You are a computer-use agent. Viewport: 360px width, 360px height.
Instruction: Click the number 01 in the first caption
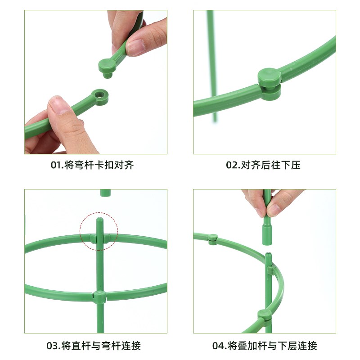[56, 165]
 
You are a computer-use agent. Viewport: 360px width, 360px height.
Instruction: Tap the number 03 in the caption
[53, 346]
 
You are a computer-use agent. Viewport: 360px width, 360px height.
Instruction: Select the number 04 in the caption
[219, 346]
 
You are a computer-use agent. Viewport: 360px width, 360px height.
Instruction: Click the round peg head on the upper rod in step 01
[107, 66]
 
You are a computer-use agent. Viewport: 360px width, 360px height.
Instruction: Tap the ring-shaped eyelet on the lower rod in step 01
[100, 96]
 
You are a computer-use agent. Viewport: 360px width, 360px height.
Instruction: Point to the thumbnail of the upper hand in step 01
[135, 47]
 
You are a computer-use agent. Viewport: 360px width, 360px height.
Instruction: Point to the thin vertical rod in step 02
[211, 67]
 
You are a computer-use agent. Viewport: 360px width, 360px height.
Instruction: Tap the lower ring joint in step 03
[99, 296]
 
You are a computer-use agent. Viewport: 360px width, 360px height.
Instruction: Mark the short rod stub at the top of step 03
[105, 193]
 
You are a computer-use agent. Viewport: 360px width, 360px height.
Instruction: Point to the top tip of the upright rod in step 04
[268, 256]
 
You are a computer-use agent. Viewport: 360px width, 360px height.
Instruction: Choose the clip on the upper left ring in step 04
[213, 238]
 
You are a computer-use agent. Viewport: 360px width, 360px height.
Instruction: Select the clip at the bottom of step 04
[265, 315]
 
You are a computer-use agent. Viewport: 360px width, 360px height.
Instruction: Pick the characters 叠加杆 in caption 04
[250, 346]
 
